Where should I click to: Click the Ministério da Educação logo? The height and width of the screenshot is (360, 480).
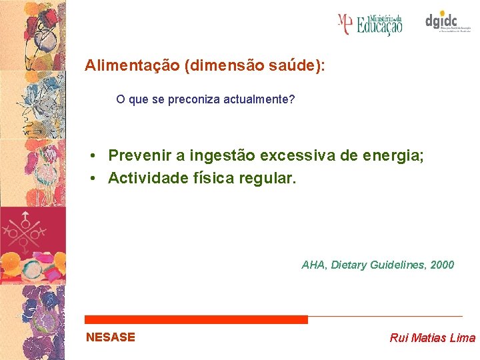click(x=370, y=24)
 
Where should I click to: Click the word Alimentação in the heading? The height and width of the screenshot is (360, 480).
click(x=133, y=66)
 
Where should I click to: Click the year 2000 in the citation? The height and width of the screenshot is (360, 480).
click(x=442, y=265)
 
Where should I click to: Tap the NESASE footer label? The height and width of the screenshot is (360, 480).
click(x=111, y=337)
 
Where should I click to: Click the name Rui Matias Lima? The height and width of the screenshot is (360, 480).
click(x=432, y=338)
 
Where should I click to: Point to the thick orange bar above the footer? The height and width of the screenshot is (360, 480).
click(x=197, y=320)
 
